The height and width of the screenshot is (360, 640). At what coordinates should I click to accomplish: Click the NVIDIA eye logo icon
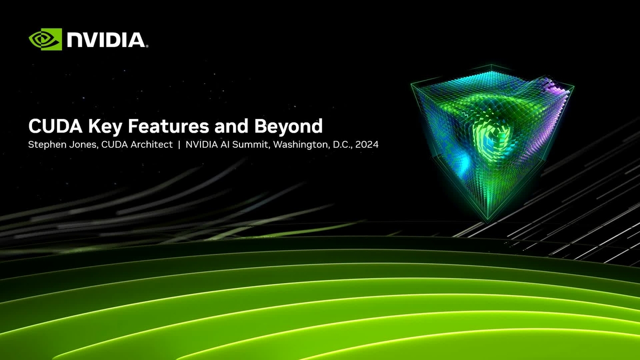45,39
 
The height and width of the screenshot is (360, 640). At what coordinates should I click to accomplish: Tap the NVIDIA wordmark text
106,39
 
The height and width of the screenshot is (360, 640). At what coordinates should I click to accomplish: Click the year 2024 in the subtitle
366,145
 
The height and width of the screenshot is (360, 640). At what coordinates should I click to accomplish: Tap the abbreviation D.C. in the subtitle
339,145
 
